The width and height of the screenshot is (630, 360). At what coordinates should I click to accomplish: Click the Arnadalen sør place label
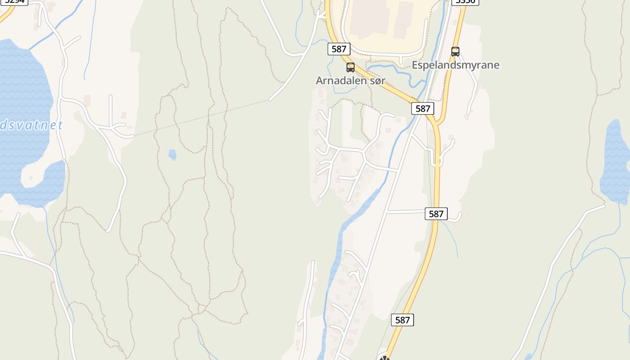(350, 81)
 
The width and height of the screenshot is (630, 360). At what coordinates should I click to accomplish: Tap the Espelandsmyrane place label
(455, 65)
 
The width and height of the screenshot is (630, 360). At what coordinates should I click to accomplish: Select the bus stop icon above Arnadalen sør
(351, 67)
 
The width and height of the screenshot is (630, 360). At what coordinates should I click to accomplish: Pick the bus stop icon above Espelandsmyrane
(455, 52)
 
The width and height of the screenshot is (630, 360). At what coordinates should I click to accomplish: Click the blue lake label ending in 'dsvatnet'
(31, 125)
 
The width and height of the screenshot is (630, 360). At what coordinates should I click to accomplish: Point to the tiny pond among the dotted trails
(172, 155)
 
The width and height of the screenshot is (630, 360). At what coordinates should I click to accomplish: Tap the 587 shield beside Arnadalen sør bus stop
(338, 49)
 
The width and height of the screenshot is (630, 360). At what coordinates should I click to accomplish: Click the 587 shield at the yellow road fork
(423, 108)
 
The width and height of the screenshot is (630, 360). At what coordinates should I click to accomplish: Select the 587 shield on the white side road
(436, 214)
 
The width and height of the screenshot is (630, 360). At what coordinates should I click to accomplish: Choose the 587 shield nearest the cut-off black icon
(402, 320)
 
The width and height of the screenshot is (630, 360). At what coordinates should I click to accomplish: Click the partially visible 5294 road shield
(14, 2)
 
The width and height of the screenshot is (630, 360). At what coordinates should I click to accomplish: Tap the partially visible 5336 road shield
(465, 2)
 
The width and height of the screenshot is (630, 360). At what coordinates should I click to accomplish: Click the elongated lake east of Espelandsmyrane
(616, 162)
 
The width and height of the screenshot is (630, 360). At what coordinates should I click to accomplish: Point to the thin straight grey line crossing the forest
(202, 117)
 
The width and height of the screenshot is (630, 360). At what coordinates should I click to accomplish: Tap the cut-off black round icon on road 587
(384, 358)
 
